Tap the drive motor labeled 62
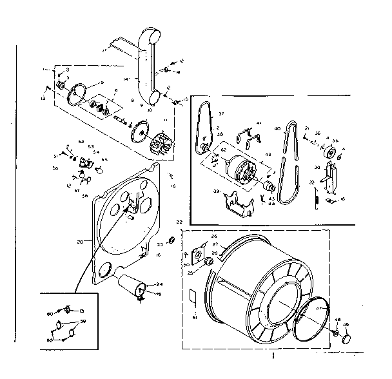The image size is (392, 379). pyautogui.click(x=239, y=170)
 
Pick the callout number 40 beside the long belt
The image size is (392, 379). pyautogui.click(x=278, y=128)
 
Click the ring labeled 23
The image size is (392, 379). pyautogui.click(x=171, y=240)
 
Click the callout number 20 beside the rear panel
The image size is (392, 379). pyautogui.click(x=80, y=242)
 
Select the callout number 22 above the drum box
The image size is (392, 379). pyautogui.click(x=179, y=222)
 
